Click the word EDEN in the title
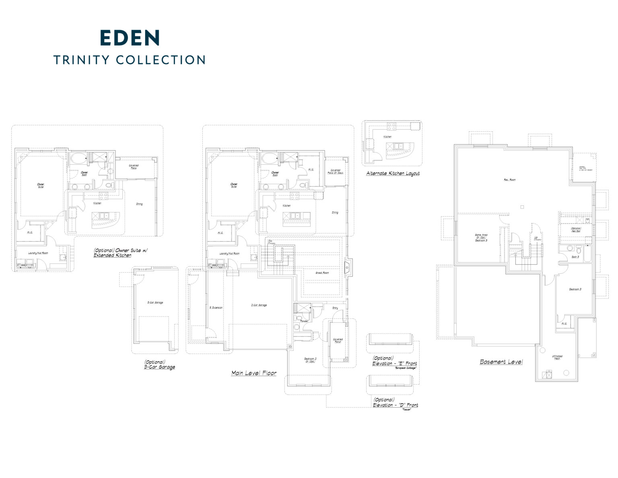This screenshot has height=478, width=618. (130, 38)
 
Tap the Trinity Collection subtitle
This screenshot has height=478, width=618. (130, 60)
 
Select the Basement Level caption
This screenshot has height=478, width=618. (501, 362)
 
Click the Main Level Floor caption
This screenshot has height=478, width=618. (254, 373)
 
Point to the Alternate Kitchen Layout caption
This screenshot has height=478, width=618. (393, 174)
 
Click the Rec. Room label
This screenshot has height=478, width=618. (509, 180)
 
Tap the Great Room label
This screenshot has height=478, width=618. (322, 273)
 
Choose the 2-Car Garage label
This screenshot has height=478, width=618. (259, 305)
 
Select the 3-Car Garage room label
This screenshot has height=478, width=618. (155, 302)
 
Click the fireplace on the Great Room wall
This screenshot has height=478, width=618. (347, 267)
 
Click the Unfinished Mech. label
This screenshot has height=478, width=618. (557, 357)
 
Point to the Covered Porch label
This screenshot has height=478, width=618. (338, 341)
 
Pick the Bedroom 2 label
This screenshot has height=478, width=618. (310, 360)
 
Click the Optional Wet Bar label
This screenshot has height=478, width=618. (575, 230)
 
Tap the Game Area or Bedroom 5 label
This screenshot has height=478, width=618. (481, 237)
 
